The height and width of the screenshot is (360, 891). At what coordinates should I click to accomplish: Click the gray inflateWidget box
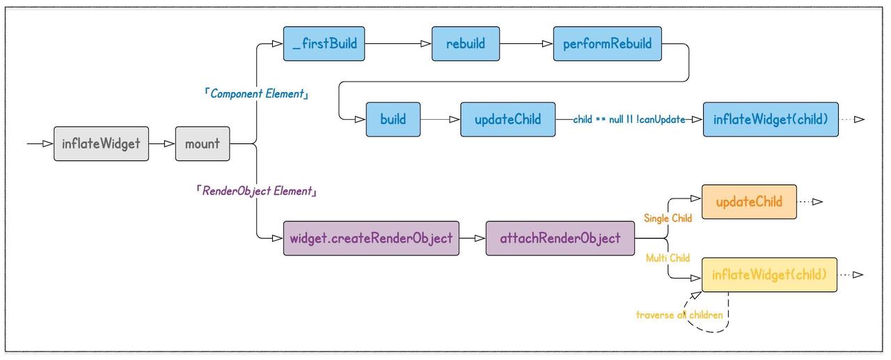point(102,143)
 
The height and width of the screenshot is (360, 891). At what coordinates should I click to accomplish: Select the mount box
point(203,143)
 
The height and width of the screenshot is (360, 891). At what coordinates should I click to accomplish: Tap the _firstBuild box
point(324,44)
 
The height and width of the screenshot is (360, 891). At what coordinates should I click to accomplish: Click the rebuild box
point(466,44)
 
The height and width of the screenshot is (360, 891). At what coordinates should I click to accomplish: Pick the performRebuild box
point(608,44)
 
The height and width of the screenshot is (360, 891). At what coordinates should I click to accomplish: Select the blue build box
point(393,119)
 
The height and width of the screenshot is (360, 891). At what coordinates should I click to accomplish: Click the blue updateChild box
point(508,119)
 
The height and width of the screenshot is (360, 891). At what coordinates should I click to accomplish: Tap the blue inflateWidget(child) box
point(771,119)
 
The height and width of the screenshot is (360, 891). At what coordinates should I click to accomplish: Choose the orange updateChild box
point(750,202)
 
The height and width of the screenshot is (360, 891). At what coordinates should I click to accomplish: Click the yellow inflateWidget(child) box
point(769,274)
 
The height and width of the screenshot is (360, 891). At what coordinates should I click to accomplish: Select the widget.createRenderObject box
point(371,238)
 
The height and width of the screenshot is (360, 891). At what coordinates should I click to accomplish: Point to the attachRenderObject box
point(560,238)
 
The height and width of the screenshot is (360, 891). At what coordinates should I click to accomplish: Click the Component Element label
point(257,94)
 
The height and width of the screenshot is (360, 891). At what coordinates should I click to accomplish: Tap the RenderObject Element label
point(257,191)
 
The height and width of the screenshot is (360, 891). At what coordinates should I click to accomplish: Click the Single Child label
point(668,219)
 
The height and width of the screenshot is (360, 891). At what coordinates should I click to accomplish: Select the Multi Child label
point(668,258)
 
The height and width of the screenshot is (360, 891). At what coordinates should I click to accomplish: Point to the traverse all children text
point(679,315)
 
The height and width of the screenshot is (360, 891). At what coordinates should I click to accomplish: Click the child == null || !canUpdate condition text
point(629,119)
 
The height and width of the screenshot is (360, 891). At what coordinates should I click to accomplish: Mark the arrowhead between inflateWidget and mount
point(169,143)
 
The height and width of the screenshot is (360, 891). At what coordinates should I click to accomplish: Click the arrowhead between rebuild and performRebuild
point(547,44)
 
